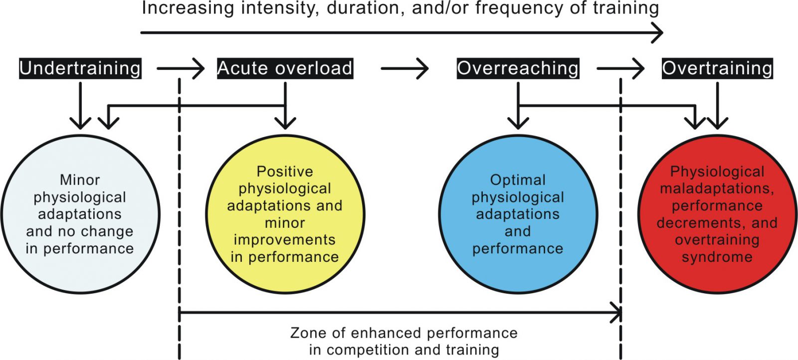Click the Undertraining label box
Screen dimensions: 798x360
click(x=80, y=68)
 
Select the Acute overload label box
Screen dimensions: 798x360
click(x=285, y=68)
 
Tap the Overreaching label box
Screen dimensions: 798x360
click(x=518, y=68)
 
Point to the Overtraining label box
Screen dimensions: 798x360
click(x=718, y=68)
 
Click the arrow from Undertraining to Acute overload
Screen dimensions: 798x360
click(x=181, y=68)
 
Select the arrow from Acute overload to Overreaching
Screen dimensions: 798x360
click(x=404, y=68)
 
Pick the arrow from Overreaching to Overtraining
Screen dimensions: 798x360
click(x=620, y=68)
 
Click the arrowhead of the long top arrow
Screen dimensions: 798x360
click(x=658, y=33)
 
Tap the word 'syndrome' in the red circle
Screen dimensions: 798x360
click(x=717, y=257)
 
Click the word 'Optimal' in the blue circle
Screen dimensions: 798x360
click(x=518, y=180)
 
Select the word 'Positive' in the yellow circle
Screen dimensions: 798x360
click(x=285, y=172)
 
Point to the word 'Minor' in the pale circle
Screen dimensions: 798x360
click(x=80, y=180)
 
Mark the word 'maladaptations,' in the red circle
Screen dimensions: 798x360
click(x=717, y=188)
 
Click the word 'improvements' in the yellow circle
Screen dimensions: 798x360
click(x=285, y=240)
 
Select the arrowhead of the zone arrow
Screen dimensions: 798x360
click(x=616, y=312)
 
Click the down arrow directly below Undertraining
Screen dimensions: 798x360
click(x=80, y=106)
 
